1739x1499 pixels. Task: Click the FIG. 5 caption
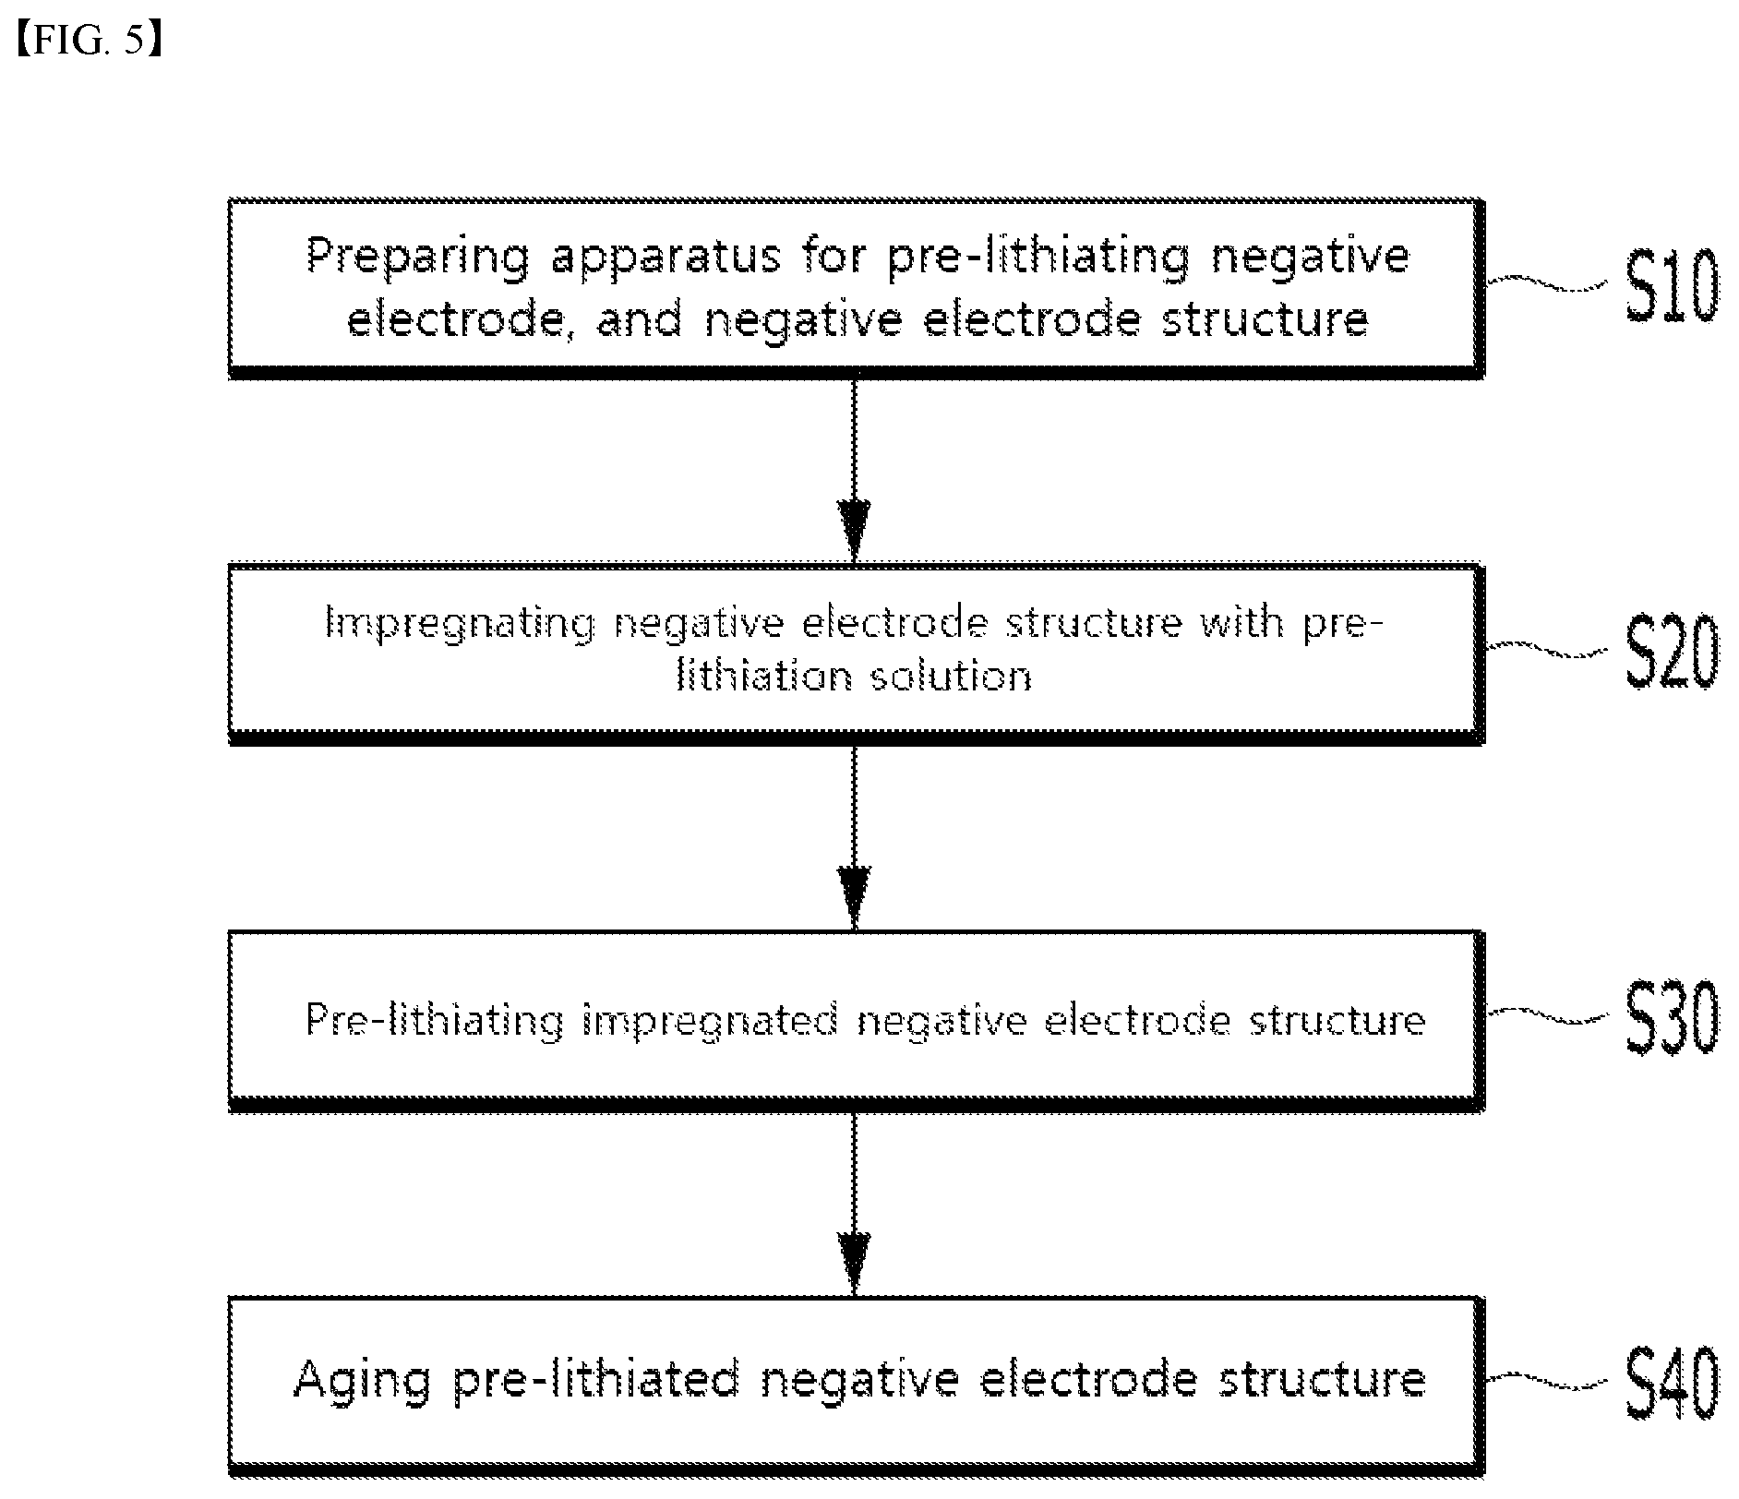90,42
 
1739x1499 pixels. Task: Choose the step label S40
1672,1382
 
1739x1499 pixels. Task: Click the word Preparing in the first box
418,257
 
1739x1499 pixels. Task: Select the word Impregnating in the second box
461,625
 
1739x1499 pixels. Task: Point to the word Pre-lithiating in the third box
434,1021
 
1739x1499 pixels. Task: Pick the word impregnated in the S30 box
710,1021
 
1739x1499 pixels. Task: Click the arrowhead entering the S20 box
854,529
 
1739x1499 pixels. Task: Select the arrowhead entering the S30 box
854,895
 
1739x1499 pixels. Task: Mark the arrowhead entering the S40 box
854,1262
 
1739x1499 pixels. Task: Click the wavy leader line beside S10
1551,283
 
